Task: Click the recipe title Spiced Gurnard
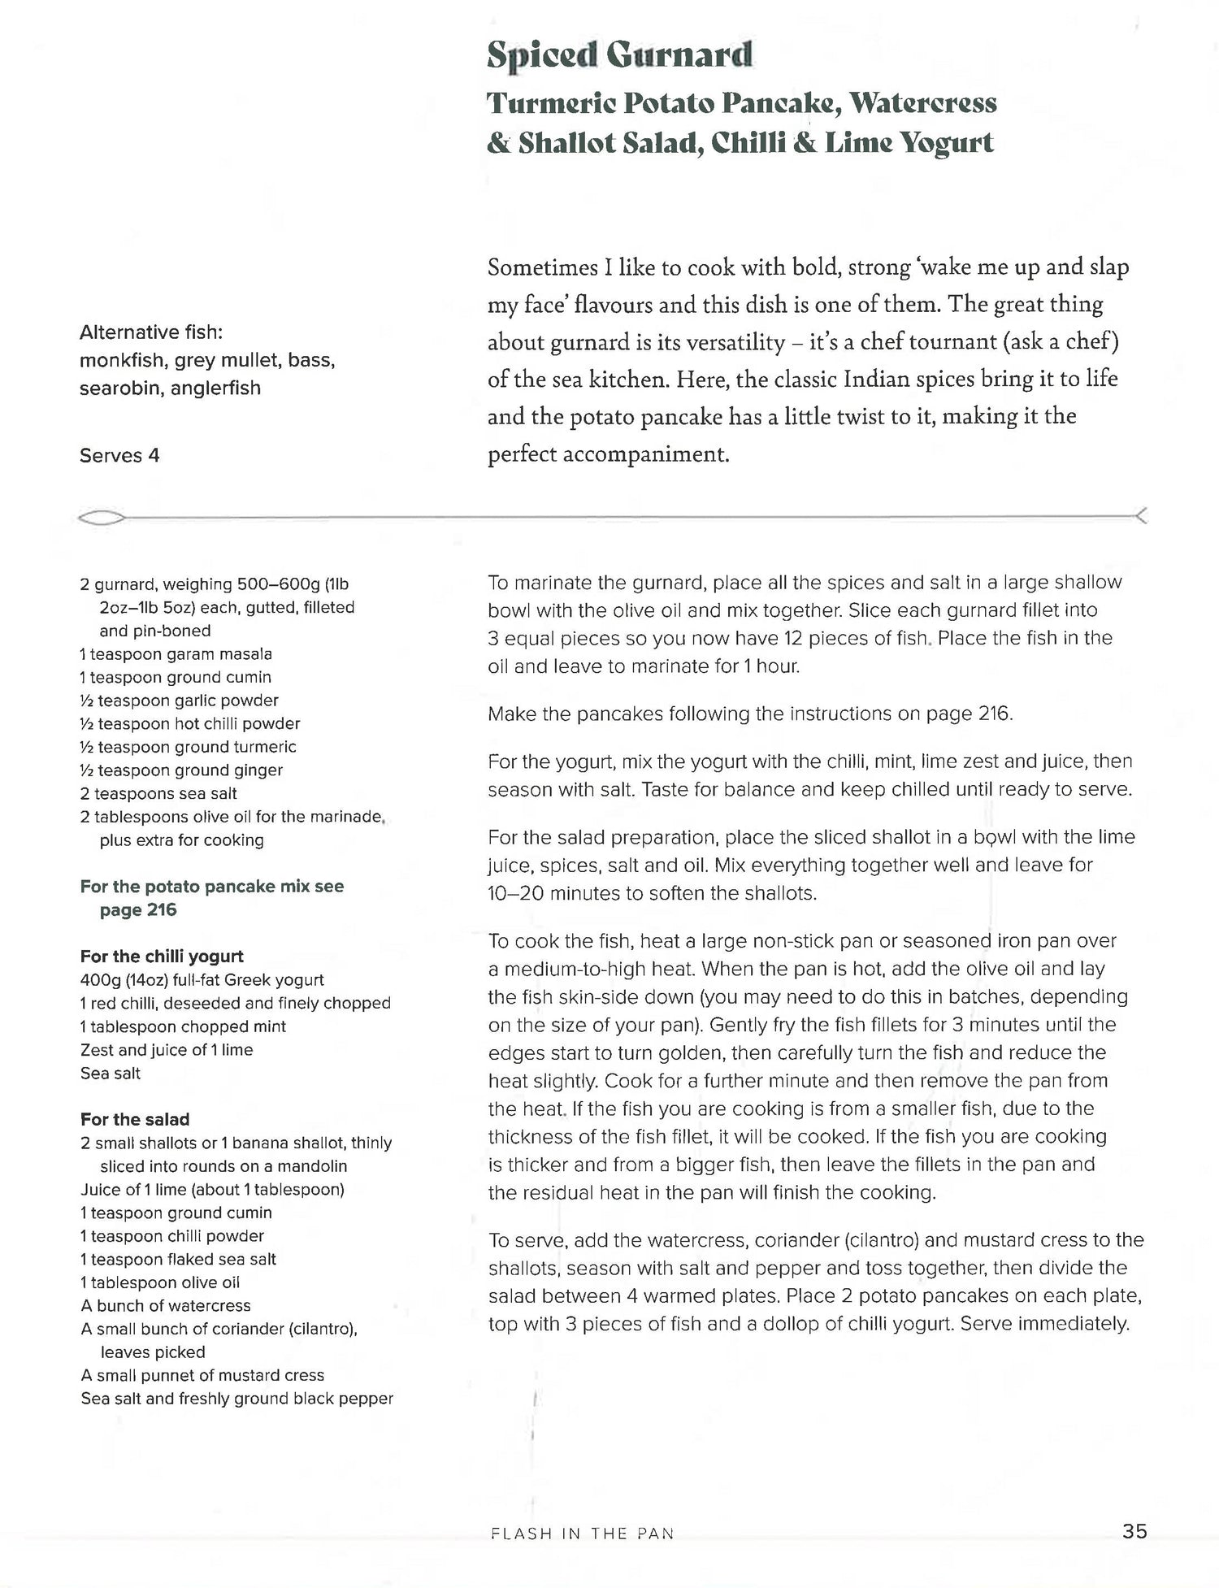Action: pyautogui.click(x=619, y=55)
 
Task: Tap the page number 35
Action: pyautogui.click(x=1134, y=1531)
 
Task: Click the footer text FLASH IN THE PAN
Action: pyautogui.click(x=583, y=1534)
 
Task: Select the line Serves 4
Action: pyautogui.click(x=119, y=456)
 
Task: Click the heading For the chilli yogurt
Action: pyautogui.click(x=162, y=957)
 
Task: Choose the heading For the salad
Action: pyautogui.click(x=135, y=1119)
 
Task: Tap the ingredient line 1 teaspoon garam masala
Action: pyautogui.click(x=176, y=654)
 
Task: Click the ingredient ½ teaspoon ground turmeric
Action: pyautogui.click(x=188, y=747)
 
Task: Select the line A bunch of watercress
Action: pyautogui.click(x=166, y=1305)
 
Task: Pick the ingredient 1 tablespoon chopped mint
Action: pyautogui.click(x=183, y=1026)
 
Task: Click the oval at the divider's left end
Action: pyautogui.click(x=102, y=518)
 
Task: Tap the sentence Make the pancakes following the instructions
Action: pyautogui.click(x=749, y=714)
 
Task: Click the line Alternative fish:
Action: pyautogui.click(x=151, y=332)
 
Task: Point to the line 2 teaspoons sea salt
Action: pyautogui.click(x=158, y=793)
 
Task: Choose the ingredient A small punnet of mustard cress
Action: pyautogui.click(x=202, y=1375)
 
